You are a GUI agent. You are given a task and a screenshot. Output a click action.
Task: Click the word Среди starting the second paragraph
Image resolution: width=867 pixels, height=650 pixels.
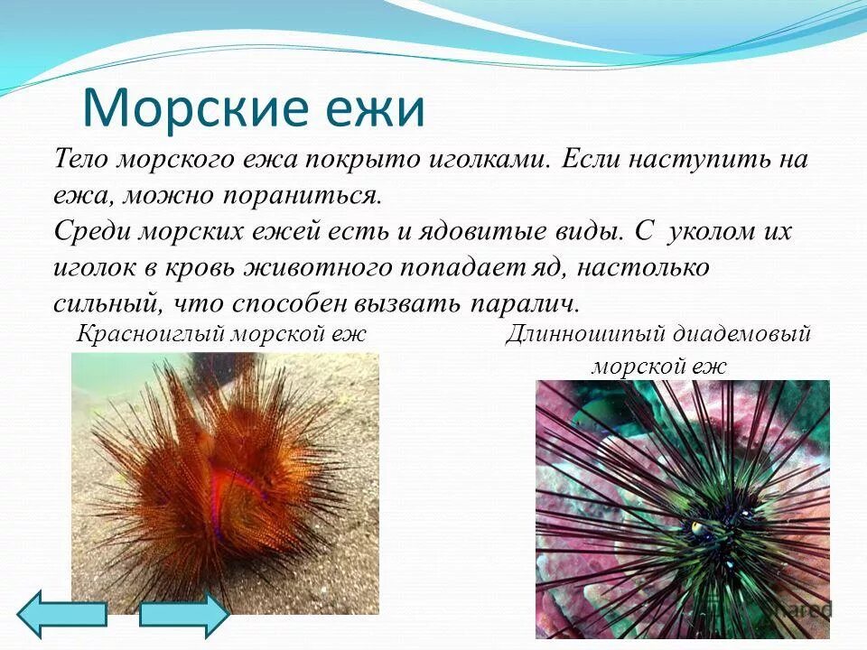[x=92, y=231]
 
